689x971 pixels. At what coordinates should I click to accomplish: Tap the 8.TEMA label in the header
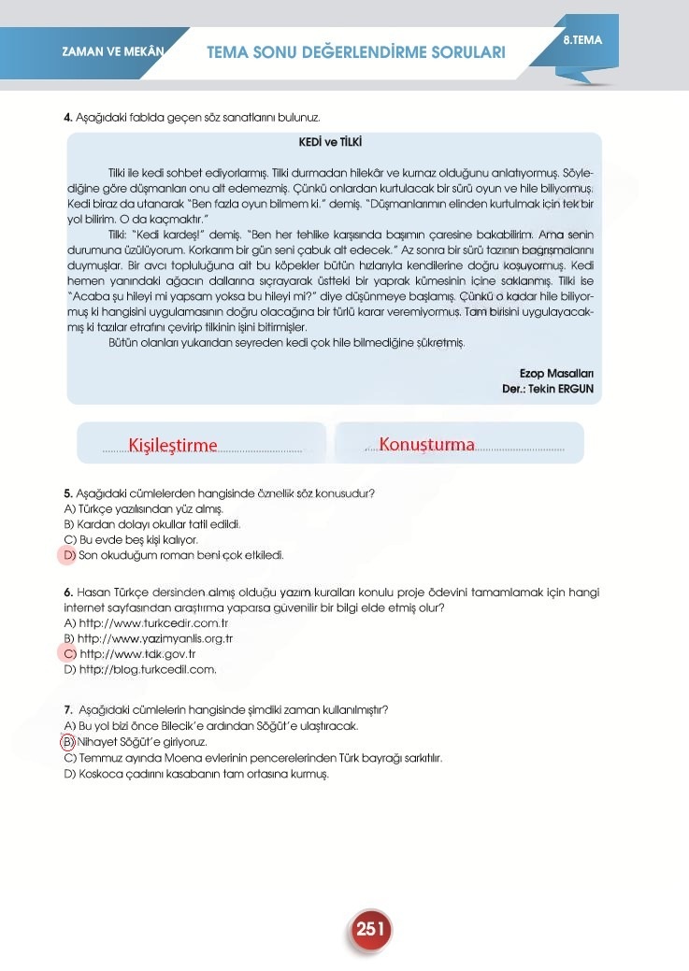(583, 40)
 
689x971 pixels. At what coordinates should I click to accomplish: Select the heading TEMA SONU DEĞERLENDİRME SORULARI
(355, 52)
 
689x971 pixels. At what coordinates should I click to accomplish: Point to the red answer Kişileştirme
(173, 445)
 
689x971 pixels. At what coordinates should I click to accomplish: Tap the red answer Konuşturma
(427, 444)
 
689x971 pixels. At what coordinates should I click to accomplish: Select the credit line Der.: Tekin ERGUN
(547, 388)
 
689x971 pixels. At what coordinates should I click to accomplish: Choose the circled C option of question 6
(68, 653)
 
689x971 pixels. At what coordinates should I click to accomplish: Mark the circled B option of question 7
(68, 741)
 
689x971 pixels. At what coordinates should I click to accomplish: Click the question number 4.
(67, 118)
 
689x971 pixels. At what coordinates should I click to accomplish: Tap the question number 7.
(67, 709)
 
